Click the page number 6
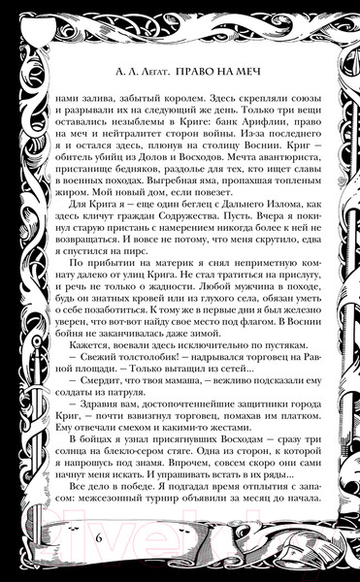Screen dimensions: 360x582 click(99, 537)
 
